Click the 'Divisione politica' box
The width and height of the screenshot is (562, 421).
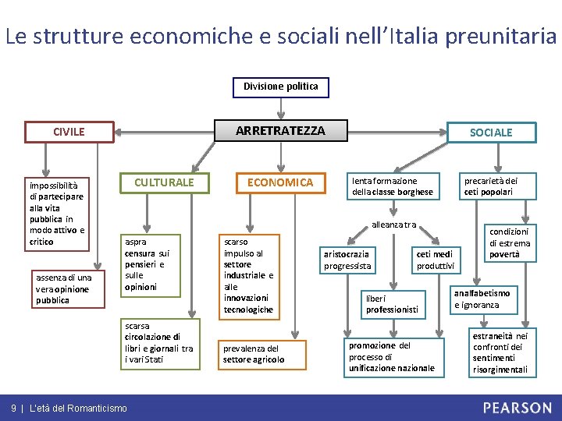pyautogui.click(x=280, y=87)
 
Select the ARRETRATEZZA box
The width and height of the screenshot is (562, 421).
pyautogui.click(x=280, y=131)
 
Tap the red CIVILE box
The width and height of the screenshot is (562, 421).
pyautogui.click(x=69, y=132)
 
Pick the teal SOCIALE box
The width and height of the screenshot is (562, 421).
pyautogui.click(x=490, y=133)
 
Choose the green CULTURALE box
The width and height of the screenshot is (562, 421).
pyautogui.click(x=164, y=182)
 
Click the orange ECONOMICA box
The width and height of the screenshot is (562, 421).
pyautogui.click(x=280, y=182)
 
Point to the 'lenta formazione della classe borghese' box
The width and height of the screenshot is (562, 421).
pyautogui.click(x=393, y=186)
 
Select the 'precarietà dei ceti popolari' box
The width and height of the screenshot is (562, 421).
pyautogui.click(x=491, y=186)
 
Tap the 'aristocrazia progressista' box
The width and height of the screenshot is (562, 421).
pyautogui.click(x=349, y=260)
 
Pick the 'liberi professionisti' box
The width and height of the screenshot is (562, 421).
pyautogui.click(x=393, y=304)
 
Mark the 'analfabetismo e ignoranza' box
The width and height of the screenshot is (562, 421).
pyautogui.click(x=482, y=299)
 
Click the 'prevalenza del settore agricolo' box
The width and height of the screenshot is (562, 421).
pyautogui.click(x=254, y=354)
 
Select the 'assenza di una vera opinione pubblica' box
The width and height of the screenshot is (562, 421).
pyautogui.click(x=63, y=289)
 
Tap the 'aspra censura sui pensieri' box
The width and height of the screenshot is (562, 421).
pyautogui.click(x=148, y=264)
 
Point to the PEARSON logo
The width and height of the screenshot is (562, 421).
pyautogui.click(x=516, y=408)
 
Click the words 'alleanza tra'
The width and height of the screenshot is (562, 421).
pyautogui.click(x=394, y=225)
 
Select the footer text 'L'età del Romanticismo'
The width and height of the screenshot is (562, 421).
pyautogui.click(x=78, y=409)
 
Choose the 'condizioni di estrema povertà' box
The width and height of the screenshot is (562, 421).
pyautogui.click(x=509, y=243)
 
